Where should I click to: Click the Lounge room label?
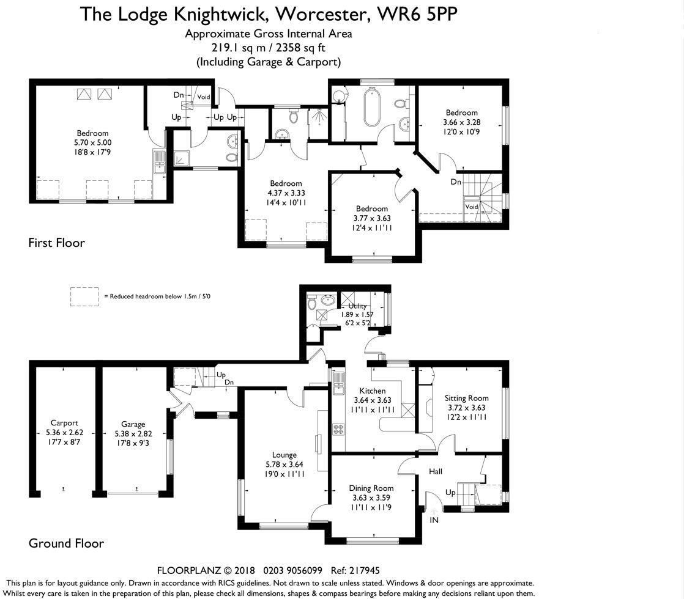(x=284, y=455)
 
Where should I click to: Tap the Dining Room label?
(x=371, y=488)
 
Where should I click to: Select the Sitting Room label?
(x=466, y=398)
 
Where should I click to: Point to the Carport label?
(x=64, y=423)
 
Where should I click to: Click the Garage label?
(x=133, y=424)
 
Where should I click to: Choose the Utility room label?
(x=357, y=306)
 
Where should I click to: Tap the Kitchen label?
(x=373, y=391)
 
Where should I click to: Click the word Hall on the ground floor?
(x=436, y=471)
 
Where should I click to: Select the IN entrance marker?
(x=434, y=520)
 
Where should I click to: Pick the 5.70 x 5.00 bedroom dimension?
(x=92, y=142)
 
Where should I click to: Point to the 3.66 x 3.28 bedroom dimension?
(x=461, y=122)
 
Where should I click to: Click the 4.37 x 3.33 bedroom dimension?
(x=286, y=193)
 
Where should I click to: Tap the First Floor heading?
(x=57, y=243)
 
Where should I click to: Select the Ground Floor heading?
(x=66, y=543)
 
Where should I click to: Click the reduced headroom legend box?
(x=84, y=296)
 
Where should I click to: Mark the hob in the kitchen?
(x=338, y=430)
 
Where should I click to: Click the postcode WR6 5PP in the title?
(x=417, y=14)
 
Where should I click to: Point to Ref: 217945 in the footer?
(x=355, y=570)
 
